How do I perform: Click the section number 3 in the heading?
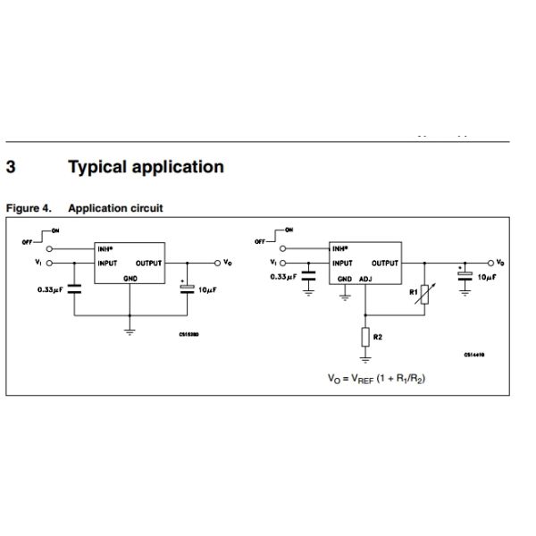pos(12,167)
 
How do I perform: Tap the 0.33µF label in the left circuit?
pos(49,290)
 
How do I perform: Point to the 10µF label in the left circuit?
pos(208,290)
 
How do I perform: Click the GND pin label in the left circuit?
pos(130,278)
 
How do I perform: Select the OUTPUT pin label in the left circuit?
pos(148,264)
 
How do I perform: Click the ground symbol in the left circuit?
pos(130,331)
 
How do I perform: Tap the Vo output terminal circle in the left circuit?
pos(217,263)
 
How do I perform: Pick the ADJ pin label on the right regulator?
pos(365,279)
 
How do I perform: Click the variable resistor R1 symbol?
pos(424,292)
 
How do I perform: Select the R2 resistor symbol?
pos(366,338)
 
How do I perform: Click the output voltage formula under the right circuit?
pos(376,379)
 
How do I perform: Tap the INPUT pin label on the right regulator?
pos(343,264)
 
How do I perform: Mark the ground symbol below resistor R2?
pos(366,360)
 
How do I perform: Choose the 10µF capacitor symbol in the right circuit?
pos(465,276)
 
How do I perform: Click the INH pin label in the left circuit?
pos(105,248)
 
